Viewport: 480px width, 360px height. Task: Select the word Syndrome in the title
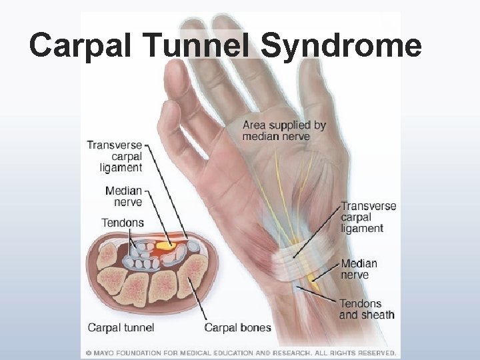coord(341,46)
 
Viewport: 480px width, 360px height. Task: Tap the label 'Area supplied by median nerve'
coord(284,131)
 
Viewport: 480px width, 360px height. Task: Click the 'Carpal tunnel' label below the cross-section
coord(121,327)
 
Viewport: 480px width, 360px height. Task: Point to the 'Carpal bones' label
coord(237,327)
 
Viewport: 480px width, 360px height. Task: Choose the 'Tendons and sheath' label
coord(367,309)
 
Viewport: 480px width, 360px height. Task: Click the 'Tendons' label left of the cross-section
coord(122,223)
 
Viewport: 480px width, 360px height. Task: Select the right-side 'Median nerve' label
coord(359,269)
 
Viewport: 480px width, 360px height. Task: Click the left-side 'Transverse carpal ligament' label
coord(115,157)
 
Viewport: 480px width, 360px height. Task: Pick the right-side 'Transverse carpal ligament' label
coord(368,217)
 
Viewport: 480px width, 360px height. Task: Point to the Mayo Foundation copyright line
coord(240,353)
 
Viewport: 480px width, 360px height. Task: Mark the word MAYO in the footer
coord(103,353)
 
